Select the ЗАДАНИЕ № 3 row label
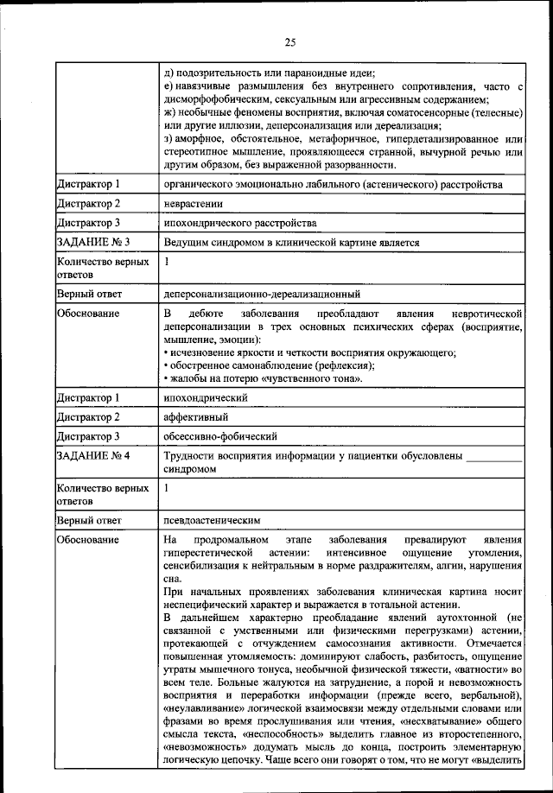(x=93, y=243)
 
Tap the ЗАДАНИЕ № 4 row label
(x=93, y=454)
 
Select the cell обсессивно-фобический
(x=212, y=436)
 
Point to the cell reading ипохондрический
(x=206, y=397)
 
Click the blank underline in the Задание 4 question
(x=493, y=456)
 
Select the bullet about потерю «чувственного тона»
(x=264, y=377)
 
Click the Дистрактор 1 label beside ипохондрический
(x=88, y=397)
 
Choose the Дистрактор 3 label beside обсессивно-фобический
(x=88, y=436)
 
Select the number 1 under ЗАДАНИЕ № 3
(x=167, y=261)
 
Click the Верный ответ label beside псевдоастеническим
(x=90, y=520)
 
